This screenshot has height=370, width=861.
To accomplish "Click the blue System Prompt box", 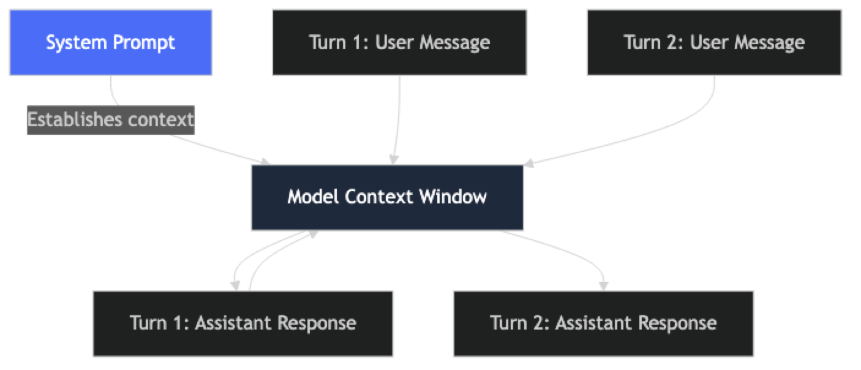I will (110, 42).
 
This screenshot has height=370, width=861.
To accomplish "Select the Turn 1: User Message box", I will (399, 42).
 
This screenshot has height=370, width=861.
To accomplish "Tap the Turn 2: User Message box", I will (714, 42).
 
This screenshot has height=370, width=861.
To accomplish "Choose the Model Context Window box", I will (387, 197).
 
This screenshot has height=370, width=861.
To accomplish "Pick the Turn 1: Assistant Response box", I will (243, 323).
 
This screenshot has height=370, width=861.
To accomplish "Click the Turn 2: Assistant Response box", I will (603, 323).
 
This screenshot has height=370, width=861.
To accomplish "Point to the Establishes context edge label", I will (110, 119).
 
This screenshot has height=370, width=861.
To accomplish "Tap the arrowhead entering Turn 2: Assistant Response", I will (604, 285).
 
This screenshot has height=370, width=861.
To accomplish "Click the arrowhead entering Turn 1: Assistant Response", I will (235, 285).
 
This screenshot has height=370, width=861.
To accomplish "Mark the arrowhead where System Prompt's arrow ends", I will (266, 161).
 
